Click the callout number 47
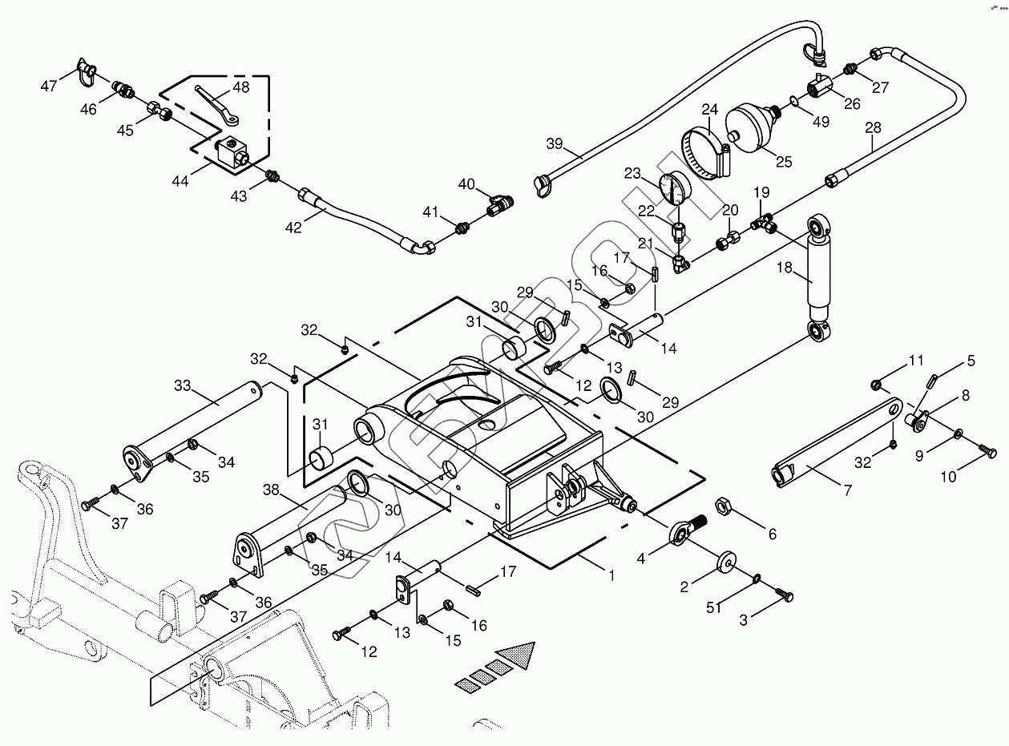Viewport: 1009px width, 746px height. click(x=50, y=86)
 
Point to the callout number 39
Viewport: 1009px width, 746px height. click(x=555, y=144)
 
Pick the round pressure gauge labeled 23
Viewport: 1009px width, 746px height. click(x=676, y=189)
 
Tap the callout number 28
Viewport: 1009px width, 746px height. click(x=873, y=128)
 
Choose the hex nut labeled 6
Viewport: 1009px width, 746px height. click(x=720, y=505)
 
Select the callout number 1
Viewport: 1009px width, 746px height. click(x=611, y=575)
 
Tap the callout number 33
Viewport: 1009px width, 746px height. click(x=182, y=385)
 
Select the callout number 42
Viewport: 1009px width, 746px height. click(x=294, y=228)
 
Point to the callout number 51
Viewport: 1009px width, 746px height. click(x=714, y=608)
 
